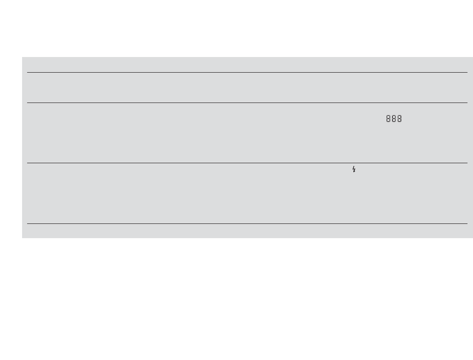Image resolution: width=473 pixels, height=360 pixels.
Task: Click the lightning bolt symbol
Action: tap(354, 169)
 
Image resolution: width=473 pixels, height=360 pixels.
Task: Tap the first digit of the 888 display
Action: tap(389, 119)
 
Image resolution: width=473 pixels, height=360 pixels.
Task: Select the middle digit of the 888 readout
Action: tap(394, 119)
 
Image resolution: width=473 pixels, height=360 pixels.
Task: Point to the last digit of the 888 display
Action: tap(399, 119)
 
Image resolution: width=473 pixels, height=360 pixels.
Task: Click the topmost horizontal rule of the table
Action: tap(247, 72)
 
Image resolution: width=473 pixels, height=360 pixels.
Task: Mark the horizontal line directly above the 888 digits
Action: tap(247, 103)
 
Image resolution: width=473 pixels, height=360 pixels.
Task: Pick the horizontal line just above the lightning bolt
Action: tap(247, 163)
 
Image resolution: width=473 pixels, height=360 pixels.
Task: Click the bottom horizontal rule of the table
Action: tap(247, 223)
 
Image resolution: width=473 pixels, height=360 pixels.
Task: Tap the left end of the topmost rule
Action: tap(28, 72)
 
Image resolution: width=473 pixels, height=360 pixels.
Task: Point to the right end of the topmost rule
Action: tap(467, 72)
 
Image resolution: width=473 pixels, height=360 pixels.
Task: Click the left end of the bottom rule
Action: tap(28, 223)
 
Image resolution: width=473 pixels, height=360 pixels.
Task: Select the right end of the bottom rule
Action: tap(467, 223)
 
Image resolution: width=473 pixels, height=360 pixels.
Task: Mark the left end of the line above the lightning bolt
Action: tap(28, 163)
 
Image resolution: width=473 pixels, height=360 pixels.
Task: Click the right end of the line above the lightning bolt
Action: tap(467, 163)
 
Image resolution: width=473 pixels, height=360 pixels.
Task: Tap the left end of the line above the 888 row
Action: tap(28, 103)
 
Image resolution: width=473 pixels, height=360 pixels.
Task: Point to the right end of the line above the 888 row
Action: tap(467, 103)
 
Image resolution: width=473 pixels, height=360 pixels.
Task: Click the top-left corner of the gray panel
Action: tap(23, 57)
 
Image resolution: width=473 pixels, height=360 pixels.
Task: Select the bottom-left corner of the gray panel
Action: tap(23, 237)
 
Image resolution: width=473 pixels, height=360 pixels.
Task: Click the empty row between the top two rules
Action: tap(247, 87)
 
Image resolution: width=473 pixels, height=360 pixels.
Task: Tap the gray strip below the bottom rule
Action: tap(247, 231)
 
